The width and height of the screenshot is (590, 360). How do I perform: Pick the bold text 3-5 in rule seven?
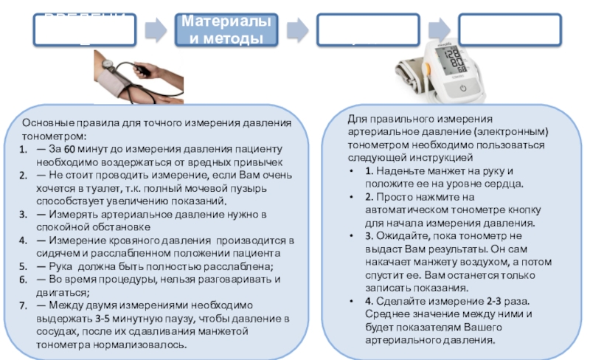point(105,318)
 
